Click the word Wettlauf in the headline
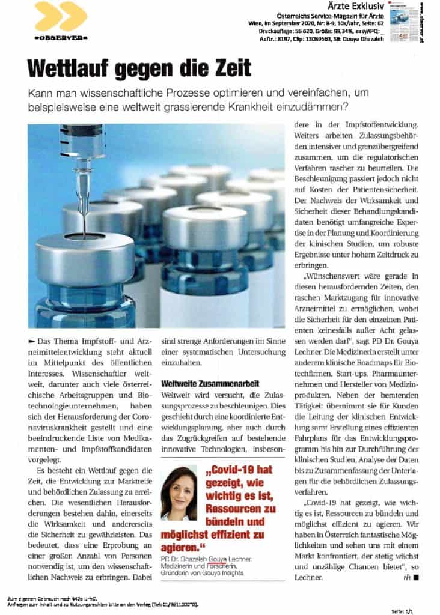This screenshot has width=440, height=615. pos(76,67)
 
